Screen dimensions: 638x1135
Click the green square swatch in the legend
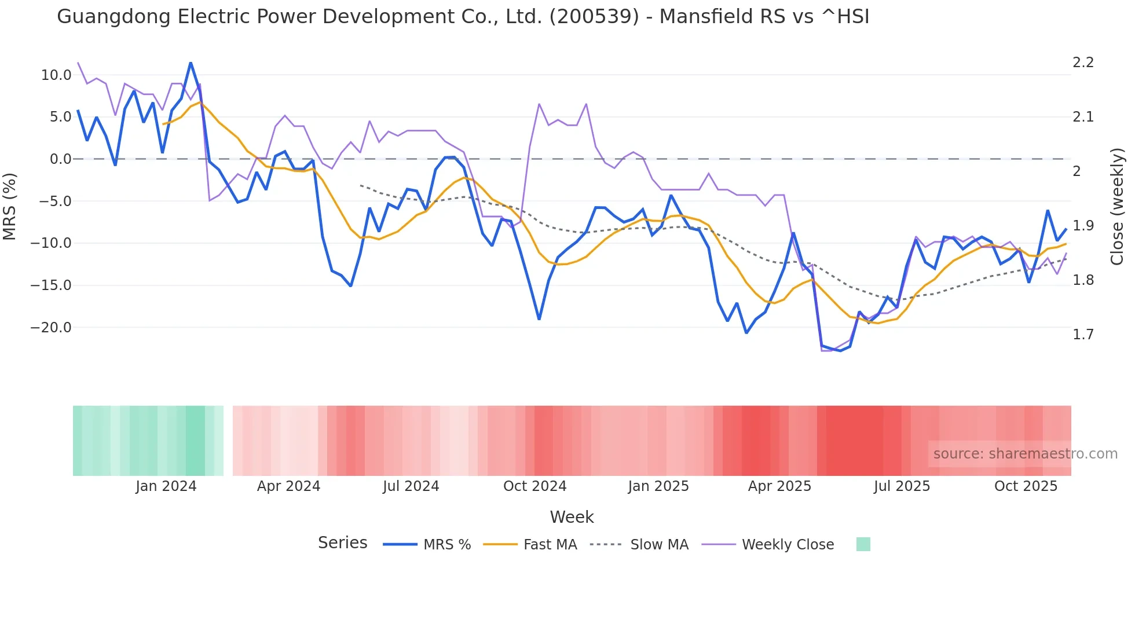click(x=863, y=544)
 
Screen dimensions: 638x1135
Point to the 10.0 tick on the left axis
click(x=56, y=75)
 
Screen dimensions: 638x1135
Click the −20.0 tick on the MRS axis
click(x=52, y=328)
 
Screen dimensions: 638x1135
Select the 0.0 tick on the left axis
click(x=60, y=159)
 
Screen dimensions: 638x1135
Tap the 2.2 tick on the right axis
click(x=1083, y=63)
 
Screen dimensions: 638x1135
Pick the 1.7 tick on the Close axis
click(x=1083, y=335)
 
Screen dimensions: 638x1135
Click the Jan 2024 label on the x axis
click(x=166, y=486)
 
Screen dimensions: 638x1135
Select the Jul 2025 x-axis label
click(x=902, y=486)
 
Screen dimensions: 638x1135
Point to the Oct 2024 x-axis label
click(x=534, y=486)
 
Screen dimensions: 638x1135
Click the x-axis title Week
click(x=572, y=517)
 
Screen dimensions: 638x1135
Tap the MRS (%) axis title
click(x=10, y=206)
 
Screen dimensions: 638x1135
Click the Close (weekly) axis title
click(x=1117, y=206)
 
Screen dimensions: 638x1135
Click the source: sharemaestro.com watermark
click(x=1025, y=454)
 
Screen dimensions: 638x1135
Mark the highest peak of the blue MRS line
click(x=191, y=63)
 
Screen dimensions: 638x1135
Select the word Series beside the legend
click(x=342, y=543)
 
